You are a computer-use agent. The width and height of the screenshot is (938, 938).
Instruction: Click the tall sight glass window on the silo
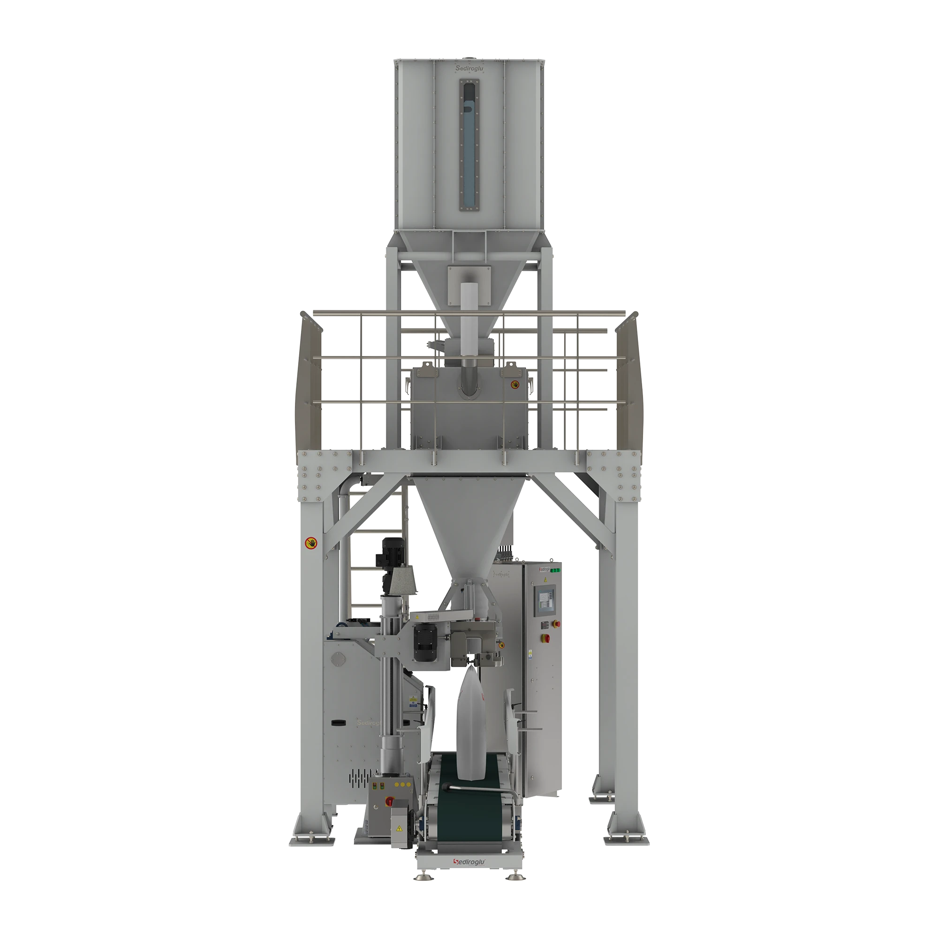click(469, 146)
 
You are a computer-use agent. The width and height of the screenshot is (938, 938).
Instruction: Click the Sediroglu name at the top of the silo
click(469, 69)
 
